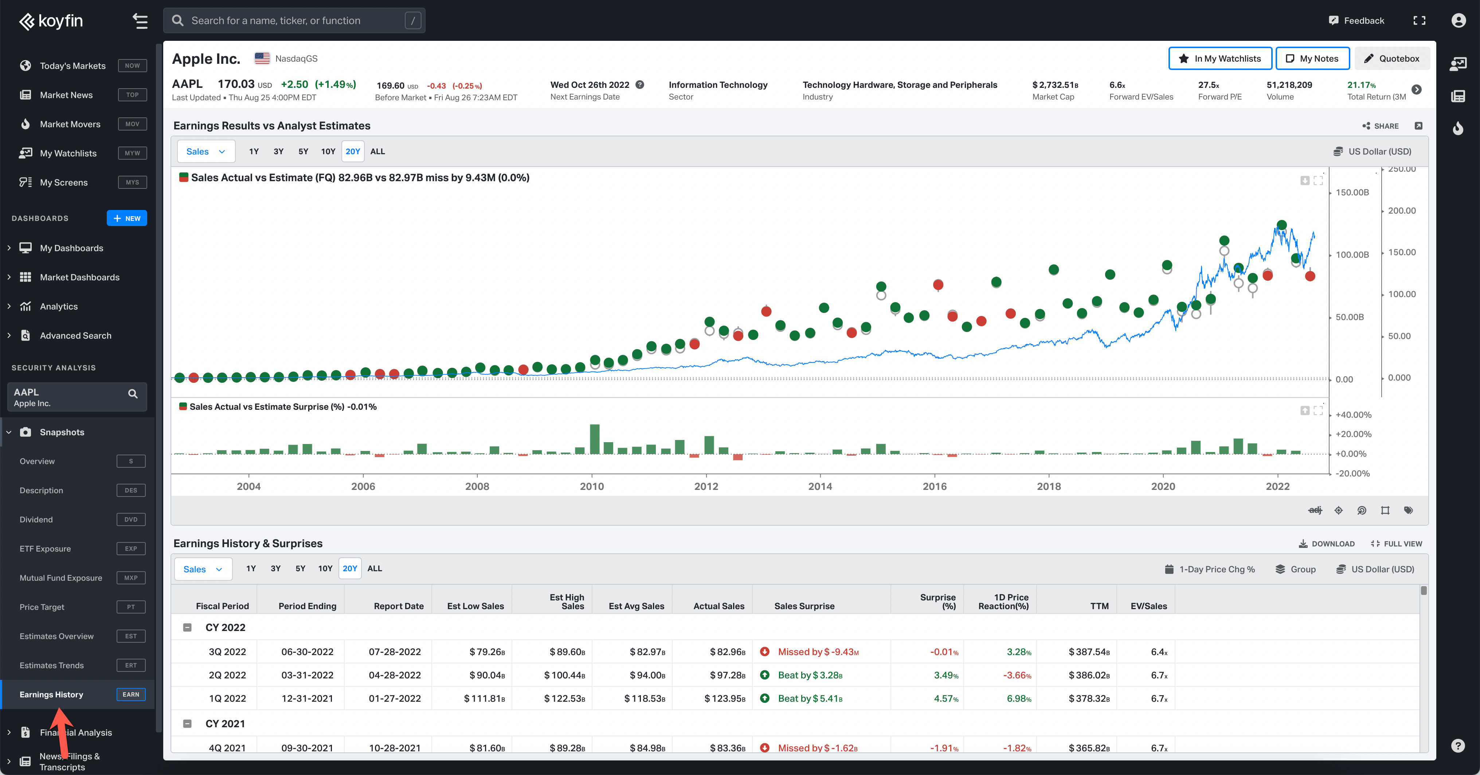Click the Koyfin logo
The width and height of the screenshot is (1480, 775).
point(51,21)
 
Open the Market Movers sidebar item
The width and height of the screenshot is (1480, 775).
point(70,124)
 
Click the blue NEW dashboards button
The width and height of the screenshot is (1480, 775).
point(127,218)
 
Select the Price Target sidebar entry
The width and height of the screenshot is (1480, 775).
point(42,607)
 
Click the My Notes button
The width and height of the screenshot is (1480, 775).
point(1312,59)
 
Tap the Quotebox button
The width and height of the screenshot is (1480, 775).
point(1392,59)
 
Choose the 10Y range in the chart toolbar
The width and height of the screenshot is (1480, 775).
point(328,152)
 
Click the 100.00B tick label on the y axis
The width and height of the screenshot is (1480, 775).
point(1352,255)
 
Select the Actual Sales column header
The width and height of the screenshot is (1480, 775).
point(719,606)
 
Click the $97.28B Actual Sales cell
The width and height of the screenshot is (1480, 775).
point(727,675)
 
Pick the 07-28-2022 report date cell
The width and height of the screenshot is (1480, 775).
point(395,652)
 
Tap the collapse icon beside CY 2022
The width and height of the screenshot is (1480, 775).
point(187,628)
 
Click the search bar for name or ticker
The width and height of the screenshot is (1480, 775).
point(294,21)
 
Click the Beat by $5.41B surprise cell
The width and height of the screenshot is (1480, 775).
point(810,698)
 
